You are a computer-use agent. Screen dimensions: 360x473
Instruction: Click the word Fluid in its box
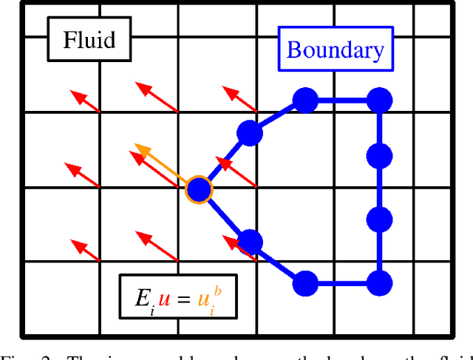(89, 38)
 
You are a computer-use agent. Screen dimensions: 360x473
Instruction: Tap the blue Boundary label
(335, 50)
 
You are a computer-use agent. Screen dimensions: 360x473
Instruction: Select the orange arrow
(158, 166)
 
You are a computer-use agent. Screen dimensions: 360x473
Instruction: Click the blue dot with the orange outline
(198, 190)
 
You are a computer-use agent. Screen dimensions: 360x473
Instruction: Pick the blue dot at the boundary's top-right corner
(380, 99)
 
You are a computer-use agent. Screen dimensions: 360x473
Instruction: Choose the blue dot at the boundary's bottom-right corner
(379, 282)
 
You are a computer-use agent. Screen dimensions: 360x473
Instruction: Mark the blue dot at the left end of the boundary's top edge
(304, 99)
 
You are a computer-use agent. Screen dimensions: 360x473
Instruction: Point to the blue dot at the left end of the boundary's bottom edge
(305, 282)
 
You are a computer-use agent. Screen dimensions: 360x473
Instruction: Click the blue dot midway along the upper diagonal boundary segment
(250, 133)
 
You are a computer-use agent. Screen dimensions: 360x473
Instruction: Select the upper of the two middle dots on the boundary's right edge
(380, 156)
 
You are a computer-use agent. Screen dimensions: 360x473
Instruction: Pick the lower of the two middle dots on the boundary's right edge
(380, 219)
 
